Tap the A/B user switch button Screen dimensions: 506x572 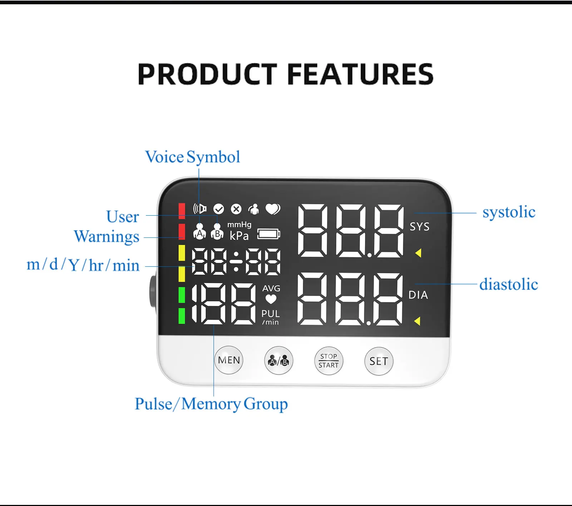coord(278,361)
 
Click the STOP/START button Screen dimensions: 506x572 coord(329,361)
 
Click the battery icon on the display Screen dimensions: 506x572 coord(269,234)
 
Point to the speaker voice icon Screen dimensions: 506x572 coord(200,209)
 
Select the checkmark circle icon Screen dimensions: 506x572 coord(218,209)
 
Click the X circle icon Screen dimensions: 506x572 coord(236,209)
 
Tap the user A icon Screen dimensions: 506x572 coord(199,231)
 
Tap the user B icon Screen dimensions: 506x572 coord(217,231)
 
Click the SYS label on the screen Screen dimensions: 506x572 coord(419,227)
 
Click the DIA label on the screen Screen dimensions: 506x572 coord(418,295)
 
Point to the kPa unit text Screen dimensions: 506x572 coord(239,236)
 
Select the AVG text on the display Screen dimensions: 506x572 coord(271,288)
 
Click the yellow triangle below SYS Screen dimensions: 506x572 coord(418,253)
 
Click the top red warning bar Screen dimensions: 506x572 coord(182,211)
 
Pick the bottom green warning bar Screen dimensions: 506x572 coord(182,316)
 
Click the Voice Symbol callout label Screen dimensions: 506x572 coord(192,157)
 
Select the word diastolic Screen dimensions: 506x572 coord(508,285)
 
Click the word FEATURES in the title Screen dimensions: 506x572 coord(360,74)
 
